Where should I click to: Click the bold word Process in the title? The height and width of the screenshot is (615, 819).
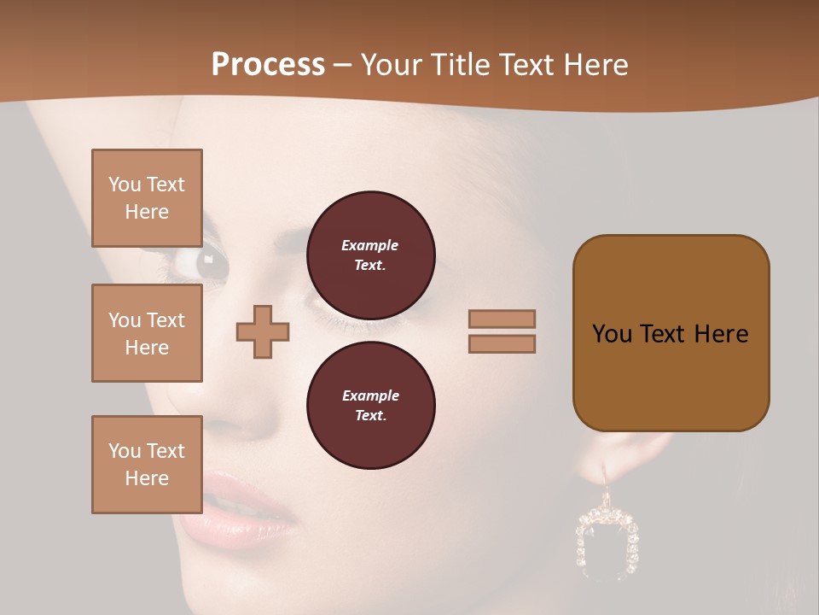tap(268, 64)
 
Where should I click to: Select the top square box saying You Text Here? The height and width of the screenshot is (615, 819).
tap(147, 198)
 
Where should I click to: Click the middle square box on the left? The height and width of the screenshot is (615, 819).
tap(147, 333)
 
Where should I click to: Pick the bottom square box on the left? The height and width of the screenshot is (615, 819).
tap(147, 464)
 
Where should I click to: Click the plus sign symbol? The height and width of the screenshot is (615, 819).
tap(263, 331)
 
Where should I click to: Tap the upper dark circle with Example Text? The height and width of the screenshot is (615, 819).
tap(370, 255)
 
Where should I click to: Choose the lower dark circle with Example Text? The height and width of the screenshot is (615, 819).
tap(370, 405)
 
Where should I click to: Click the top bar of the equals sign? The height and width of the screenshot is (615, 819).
tap(502, 319)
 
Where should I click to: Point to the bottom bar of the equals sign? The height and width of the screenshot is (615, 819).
tap(502, 343)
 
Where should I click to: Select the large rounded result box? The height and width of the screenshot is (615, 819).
tap(671, 333)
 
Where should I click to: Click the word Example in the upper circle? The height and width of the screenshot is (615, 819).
tap(370, 245)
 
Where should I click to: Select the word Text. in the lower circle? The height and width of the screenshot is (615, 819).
tap(370, 415)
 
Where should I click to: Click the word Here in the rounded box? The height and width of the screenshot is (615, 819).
tap(721, 334)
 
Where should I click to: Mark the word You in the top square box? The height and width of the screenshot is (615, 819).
tap(125, 184)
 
